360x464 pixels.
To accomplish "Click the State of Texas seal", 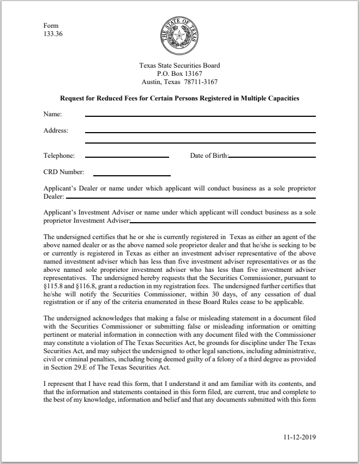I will pos(179,35).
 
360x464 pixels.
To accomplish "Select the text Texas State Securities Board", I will pos(179,66).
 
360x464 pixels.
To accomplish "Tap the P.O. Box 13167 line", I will pos(179,74).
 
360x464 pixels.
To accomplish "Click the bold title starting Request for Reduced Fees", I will pos(179,99).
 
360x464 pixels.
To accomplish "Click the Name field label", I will pos(52,114).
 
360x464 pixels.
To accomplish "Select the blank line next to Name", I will pos(200,116).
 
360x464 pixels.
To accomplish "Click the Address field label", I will pos(56,130).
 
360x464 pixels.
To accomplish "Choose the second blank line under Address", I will pos(200,143).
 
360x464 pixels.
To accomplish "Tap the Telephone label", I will pos(59,156).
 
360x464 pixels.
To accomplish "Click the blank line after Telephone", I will pos(127,157).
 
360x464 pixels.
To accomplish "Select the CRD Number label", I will pos(63,172).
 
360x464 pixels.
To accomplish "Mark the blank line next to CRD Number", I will pos(132,175).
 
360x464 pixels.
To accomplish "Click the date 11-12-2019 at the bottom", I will pos(300,437).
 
